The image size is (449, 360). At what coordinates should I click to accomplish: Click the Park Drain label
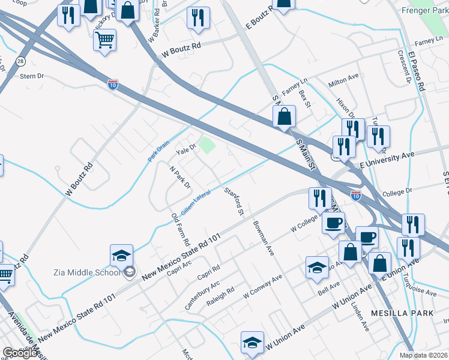coord(159,151)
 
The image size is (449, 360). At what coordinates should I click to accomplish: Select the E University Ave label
coord(387,159)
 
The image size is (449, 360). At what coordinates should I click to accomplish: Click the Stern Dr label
coord(32,77)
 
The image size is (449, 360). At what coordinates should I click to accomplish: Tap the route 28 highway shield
coord(20,61)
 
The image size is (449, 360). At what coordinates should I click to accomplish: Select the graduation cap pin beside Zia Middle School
coord(121,256)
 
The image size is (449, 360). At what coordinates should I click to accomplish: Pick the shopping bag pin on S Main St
coord(285,116)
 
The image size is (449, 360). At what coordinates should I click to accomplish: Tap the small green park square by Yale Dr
coord(207,145)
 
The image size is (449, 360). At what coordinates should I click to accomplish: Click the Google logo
coord(20,353)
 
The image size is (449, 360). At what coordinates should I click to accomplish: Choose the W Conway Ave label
coord(262,287)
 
